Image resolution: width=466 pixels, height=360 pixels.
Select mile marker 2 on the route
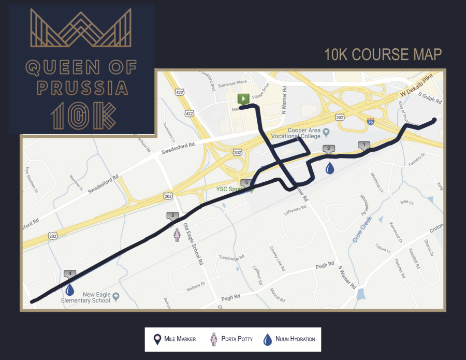(328, 149)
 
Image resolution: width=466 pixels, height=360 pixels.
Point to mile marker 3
(172, 216)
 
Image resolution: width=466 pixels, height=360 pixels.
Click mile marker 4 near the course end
(69, 274)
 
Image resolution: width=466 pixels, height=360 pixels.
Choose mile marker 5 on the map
(246, 183)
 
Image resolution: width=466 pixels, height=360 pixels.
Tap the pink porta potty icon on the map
(177, 235)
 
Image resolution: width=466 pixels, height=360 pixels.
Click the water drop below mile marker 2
(329, 168)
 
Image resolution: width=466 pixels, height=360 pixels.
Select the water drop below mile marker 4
(70, 290)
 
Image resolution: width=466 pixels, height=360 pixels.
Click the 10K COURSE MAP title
(383, 54)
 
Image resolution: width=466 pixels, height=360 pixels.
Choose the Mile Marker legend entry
(174, 339)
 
